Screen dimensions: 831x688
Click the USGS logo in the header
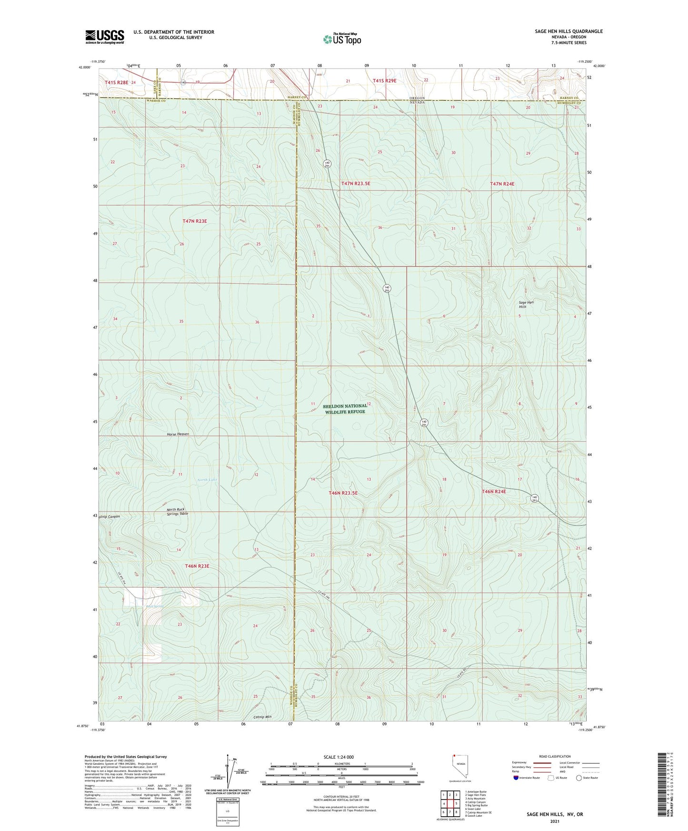coord(105,36)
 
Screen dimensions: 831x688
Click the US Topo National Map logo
coord(341,39)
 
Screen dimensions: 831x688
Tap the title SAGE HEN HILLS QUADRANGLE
coord(568,31)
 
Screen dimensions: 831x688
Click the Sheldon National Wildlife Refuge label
coord(345,409)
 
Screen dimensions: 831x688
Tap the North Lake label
coord(207,480)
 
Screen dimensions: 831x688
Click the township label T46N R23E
coord(197,566)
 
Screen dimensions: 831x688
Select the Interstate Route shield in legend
coord(516,778)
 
